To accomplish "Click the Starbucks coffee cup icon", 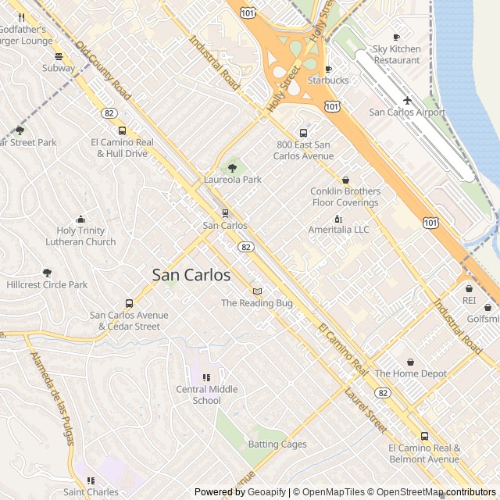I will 328,69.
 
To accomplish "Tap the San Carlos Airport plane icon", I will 407,100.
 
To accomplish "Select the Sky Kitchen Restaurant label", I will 396,55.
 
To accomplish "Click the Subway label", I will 59,68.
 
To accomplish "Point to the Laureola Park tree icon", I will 232,168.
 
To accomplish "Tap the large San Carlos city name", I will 191,275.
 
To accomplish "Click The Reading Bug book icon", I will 257,291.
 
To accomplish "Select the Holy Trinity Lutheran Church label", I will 86,236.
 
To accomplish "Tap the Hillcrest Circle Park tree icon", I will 47,273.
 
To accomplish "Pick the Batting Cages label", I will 277,445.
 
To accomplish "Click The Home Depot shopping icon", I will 411,362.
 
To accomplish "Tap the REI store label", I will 469,300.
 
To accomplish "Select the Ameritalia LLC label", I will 338,230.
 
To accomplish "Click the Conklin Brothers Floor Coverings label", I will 345,197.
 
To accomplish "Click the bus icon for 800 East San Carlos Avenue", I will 303,133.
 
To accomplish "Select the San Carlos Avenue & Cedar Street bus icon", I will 129,303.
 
